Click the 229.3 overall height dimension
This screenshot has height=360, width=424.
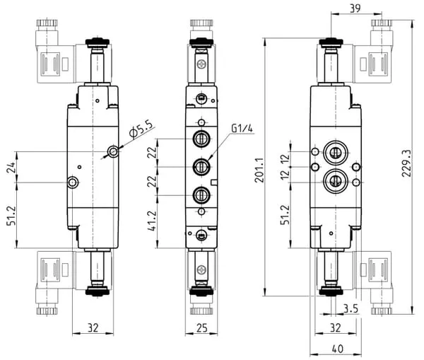(x=406, y=163)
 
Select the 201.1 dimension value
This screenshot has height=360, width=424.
(x=259, y=170)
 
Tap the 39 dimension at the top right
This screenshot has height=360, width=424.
(x=355, y=8)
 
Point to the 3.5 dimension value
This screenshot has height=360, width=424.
(x=351, y=308)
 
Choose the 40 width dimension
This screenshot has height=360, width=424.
(x=337, y=349)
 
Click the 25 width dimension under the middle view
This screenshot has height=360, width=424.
(x=201, y=328)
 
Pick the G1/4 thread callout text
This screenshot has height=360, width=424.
(x=242, y=128)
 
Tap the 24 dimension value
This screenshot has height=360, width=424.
(x=11, y=168)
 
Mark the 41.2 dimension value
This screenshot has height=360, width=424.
(x=152, y=221)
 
